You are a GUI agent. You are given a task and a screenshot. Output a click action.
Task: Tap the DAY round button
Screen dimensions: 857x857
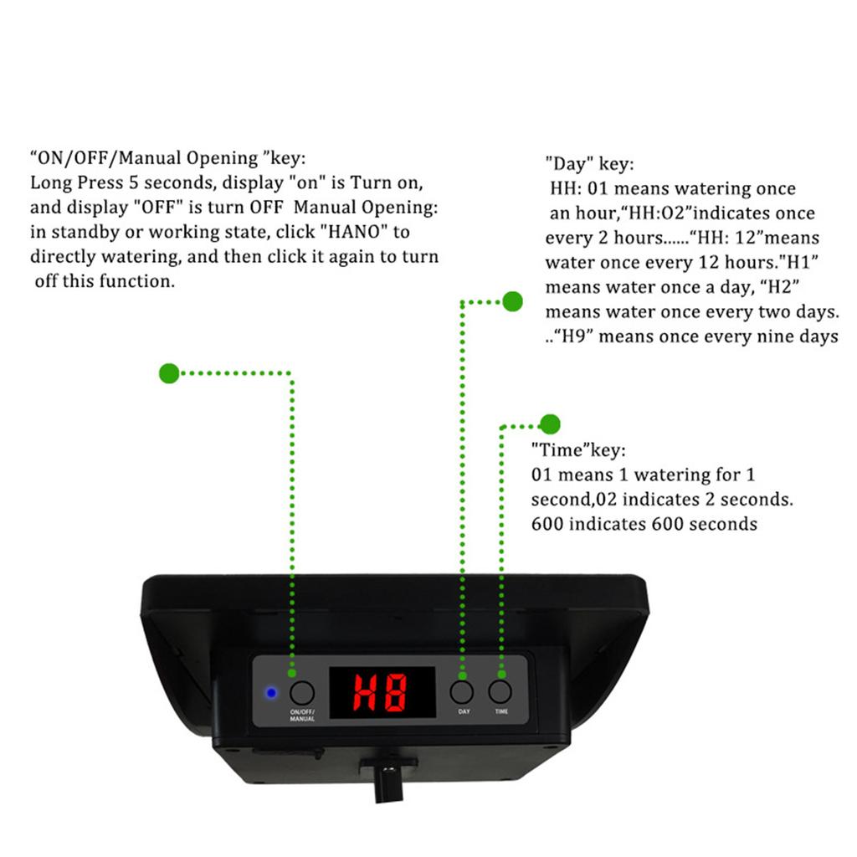(461, 692)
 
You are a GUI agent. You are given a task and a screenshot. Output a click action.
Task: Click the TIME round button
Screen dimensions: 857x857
(500, 692)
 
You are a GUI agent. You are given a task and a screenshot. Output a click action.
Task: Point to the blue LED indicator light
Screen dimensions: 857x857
(270, 693)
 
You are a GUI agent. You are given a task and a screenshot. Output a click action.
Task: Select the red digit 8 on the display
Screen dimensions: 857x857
(395, 693)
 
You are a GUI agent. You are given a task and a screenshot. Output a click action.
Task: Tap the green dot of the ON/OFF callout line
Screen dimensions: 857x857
(169, 373)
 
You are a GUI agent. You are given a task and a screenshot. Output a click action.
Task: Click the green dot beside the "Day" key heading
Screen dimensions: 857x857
(512, 301)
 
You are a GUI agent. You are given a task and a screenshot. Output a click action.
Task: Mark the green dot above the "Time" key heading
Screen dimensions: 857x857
(550, 423)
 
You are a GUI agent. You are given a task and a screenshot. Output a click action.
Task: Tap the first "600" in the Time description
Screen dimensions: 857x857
(547, 525)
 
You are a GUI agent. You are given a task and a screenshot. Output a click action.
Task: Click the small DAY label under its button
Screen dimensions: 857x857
(464, 711)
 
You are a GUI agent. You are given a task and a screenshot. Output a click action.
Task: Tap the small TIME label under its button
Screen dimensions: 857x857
(501, 711)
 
